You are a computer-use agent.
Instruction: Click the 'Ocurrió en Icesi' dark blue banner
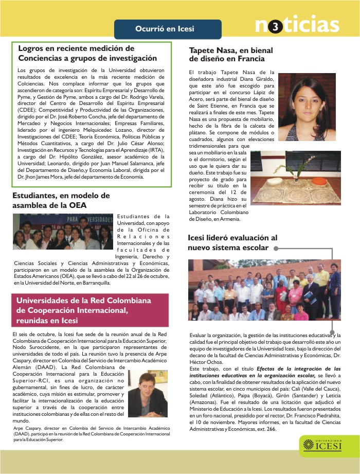[x=168, y=29]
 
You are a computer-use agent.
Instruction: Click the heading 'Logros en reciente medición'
[x=76, y=48]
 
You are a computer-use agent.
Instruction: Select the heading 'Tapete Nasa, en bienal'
[x=231, y=50]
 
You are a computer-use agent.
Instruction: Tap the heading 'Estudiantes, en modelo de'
[x=61, y=196]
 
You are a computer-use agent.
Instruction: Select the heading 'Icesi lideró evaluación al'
[x=232, y=238]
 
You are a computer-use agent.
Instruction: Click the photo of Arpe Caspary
[x=147, y=395]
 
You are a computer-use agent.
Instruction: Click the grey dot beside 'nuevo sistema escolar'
[x=276, y=248]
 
